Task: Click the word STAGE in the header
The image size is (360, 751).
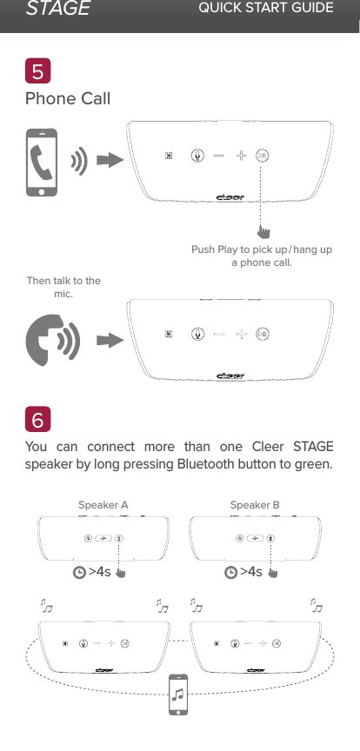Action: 57,10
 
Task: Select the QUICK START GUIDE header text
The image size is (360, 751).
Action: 266,9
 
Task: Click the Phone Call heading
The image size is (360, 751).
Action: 69,99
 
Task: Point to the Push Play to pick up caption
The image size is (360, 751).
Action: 261,256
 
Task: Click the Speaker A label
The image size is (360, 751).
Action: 103,505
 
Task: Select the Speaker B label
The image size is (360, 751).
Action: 255,505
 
